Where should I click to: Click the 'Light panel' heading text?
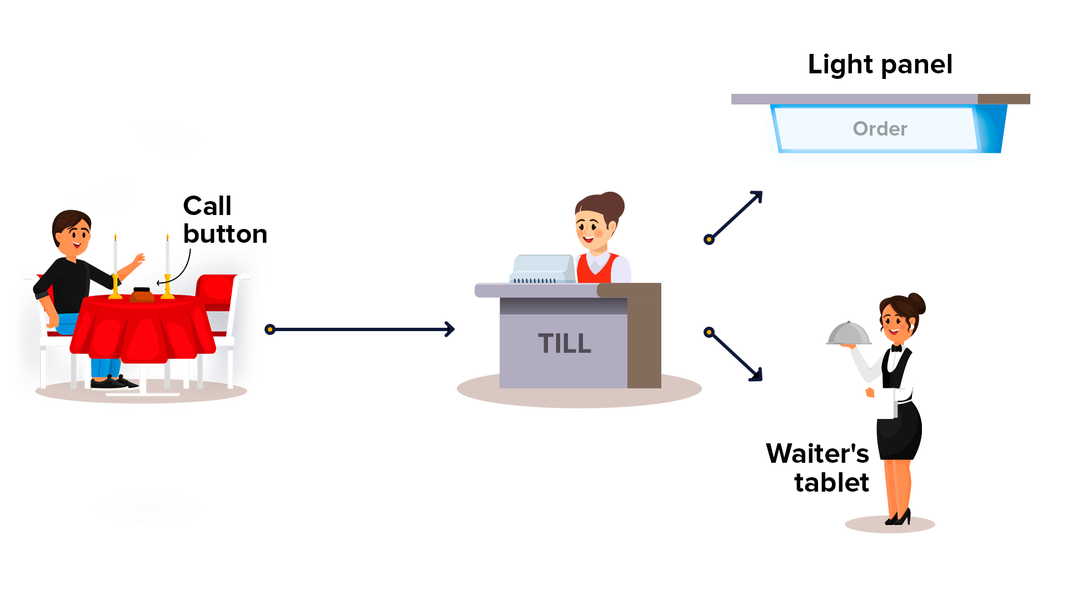pos(880,64)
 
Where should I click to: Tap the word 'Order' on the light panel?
pos(880,129)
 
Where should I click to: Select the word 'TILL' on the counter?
pos(564,343)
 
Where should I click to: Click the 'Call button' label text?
pos(225,220)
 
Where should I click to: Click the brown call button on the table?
pos(142,294)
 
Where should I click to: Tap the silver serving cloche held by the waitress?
pos(849,334)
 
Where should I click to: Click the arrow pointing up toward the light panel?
pos(735,216)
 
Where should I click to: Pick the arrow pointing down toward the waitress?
pos(735,356)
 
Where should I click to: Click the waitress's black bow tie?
pos(896,348)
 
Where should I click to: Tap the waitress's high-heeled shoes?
pos(899,518)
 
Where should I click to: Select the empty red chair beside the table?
pos(218,294)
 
